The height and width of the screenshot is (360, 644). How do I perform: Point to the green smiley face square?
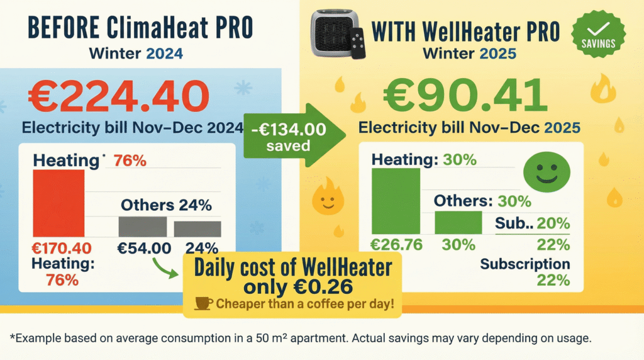[547, 171]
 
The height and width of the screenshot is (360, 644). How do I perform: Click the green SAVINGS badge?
[597, 33]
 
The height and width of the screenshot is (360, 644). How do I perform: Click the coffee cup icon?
[204, 304]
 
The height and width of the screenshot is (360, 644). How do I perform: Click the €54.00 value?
[144, 248]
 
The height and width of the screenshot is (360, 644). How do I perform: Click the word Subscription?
[525, 264]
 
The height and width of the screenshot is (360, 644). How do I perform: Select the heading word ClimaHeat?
[156, 28]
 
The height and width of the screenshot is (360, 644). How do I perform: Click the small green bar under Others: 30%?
[458, 222]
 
